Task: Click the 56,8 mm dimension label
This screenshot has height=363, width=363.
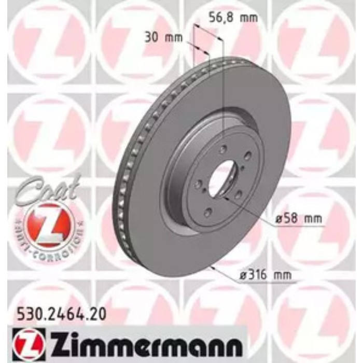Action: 232,17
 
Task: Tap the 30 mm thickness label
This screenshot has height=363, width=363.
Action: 160,37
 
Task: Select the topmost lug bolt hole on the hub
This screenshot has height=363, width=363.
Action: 223,149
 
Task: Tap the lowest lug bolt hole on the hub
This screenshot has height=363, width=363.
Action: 208,212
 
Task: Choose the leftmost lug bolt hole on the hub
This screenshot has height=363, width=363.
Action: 198,184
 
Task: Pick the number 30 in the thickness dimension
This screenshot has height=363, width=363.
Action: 151,37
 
